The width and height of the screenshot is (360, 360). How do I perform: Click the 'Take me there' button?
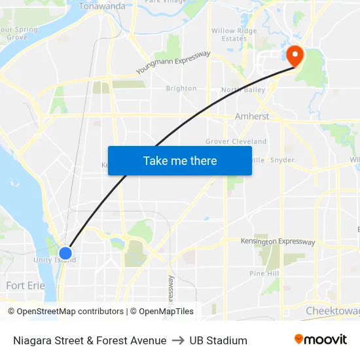(180, 161)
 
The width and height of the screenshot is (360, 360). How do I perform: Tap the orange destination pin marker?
(294, 56)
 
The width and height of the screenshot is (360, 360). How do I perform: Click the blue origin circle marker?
(65, 253)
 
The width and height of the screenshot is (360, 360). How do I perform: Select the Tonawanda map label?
(102, 7)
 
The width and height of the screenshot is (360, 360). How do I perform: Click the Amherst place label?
(252, 117)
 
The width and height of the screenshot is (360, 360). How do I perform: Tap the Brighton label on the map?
(181, 88)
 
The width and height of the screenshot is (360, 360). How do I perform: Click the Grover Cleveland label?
(236, 141)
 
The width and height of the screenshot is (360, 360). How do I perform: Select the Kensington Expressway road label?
(278, 242)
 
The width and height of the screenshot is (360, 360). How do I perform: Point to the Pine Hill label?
(264, 273)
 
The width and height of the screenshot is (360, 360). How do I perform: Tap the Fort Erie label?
(25, 285)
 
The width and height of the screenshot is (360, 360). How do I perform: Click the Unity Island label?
(55, 260)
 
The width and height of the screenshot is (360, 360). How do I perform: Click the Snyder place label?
(282, 160)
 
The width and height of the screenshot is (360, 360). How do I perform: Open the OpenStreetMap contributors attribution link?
(70, 312)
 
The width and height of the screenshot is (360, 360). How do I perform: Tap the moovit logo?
(321, 340)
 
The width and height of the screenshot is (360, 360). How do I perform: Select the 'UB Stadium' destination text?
(218, 340)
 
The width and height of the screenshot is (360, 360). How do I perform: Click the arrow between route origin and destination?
(178, 340)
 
